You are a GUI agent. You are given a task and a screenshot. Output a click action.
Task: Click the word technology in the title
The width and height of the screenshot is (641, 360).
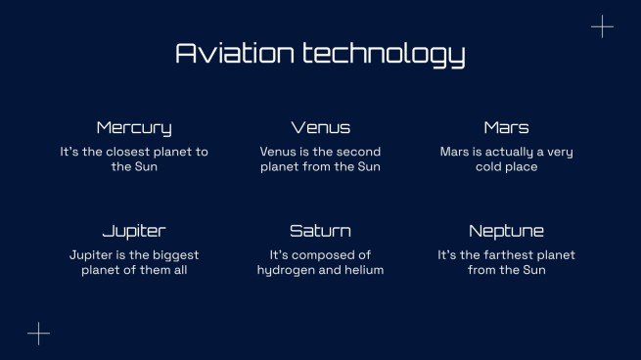click(x=383, y=54)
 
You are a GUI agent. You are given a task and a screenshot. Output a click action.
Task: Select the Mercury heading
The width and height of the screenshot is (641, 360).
click(x=134, y=128)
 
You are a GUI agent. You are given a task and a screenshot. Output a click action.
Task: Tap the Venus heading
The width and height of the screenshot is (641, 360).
click(x=320, y=128)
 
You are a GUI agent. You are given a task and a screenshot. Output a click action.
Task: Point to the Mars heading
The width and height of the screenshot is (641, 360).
click(x=506, y=128)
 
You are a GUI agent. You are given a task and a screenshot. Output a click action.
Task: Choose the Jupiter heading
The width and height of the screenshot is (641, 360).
click(x=134, y=232)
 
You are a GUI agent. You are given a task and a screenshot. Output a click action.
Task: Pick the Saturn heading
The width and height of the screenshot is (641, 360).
click(x=320, y=232)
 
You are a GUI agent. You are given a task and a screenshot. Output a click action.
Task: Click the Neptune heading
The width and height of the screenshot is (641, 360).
click(x=506, y=232)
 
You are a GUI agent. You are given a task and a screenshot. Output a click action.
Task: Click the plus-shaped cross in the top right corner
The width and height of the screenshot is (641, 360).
click(x=602, y=27)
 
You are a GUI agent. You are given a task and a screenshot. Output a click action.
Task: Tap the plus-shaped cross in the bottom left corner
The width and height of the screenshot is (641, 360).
click(x=38, y=334)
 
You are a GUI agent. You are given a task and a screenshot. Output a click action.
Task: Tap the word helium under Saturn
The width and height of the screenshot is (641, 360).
click(x=361, y=271)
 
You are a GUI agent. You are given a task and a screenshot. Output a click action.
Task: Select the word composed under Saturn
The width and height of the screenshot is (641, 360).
click(x=328, y=255)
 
